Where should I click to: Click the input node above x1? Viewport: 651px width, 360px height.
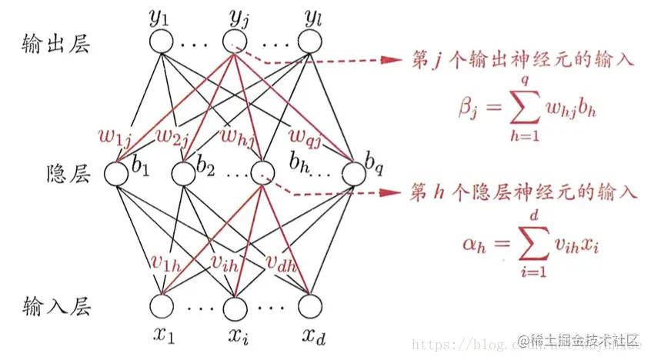point(162,306)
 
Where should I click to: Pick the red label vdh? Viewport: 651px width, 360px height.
point(283,262)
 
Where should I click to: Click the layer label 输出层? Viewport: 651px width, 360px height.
point(57,44)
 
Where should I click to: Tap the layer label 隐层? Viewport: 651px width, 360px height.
point(68,175)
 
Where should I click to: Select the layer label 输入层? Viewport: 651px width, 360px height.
point(57,307)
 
